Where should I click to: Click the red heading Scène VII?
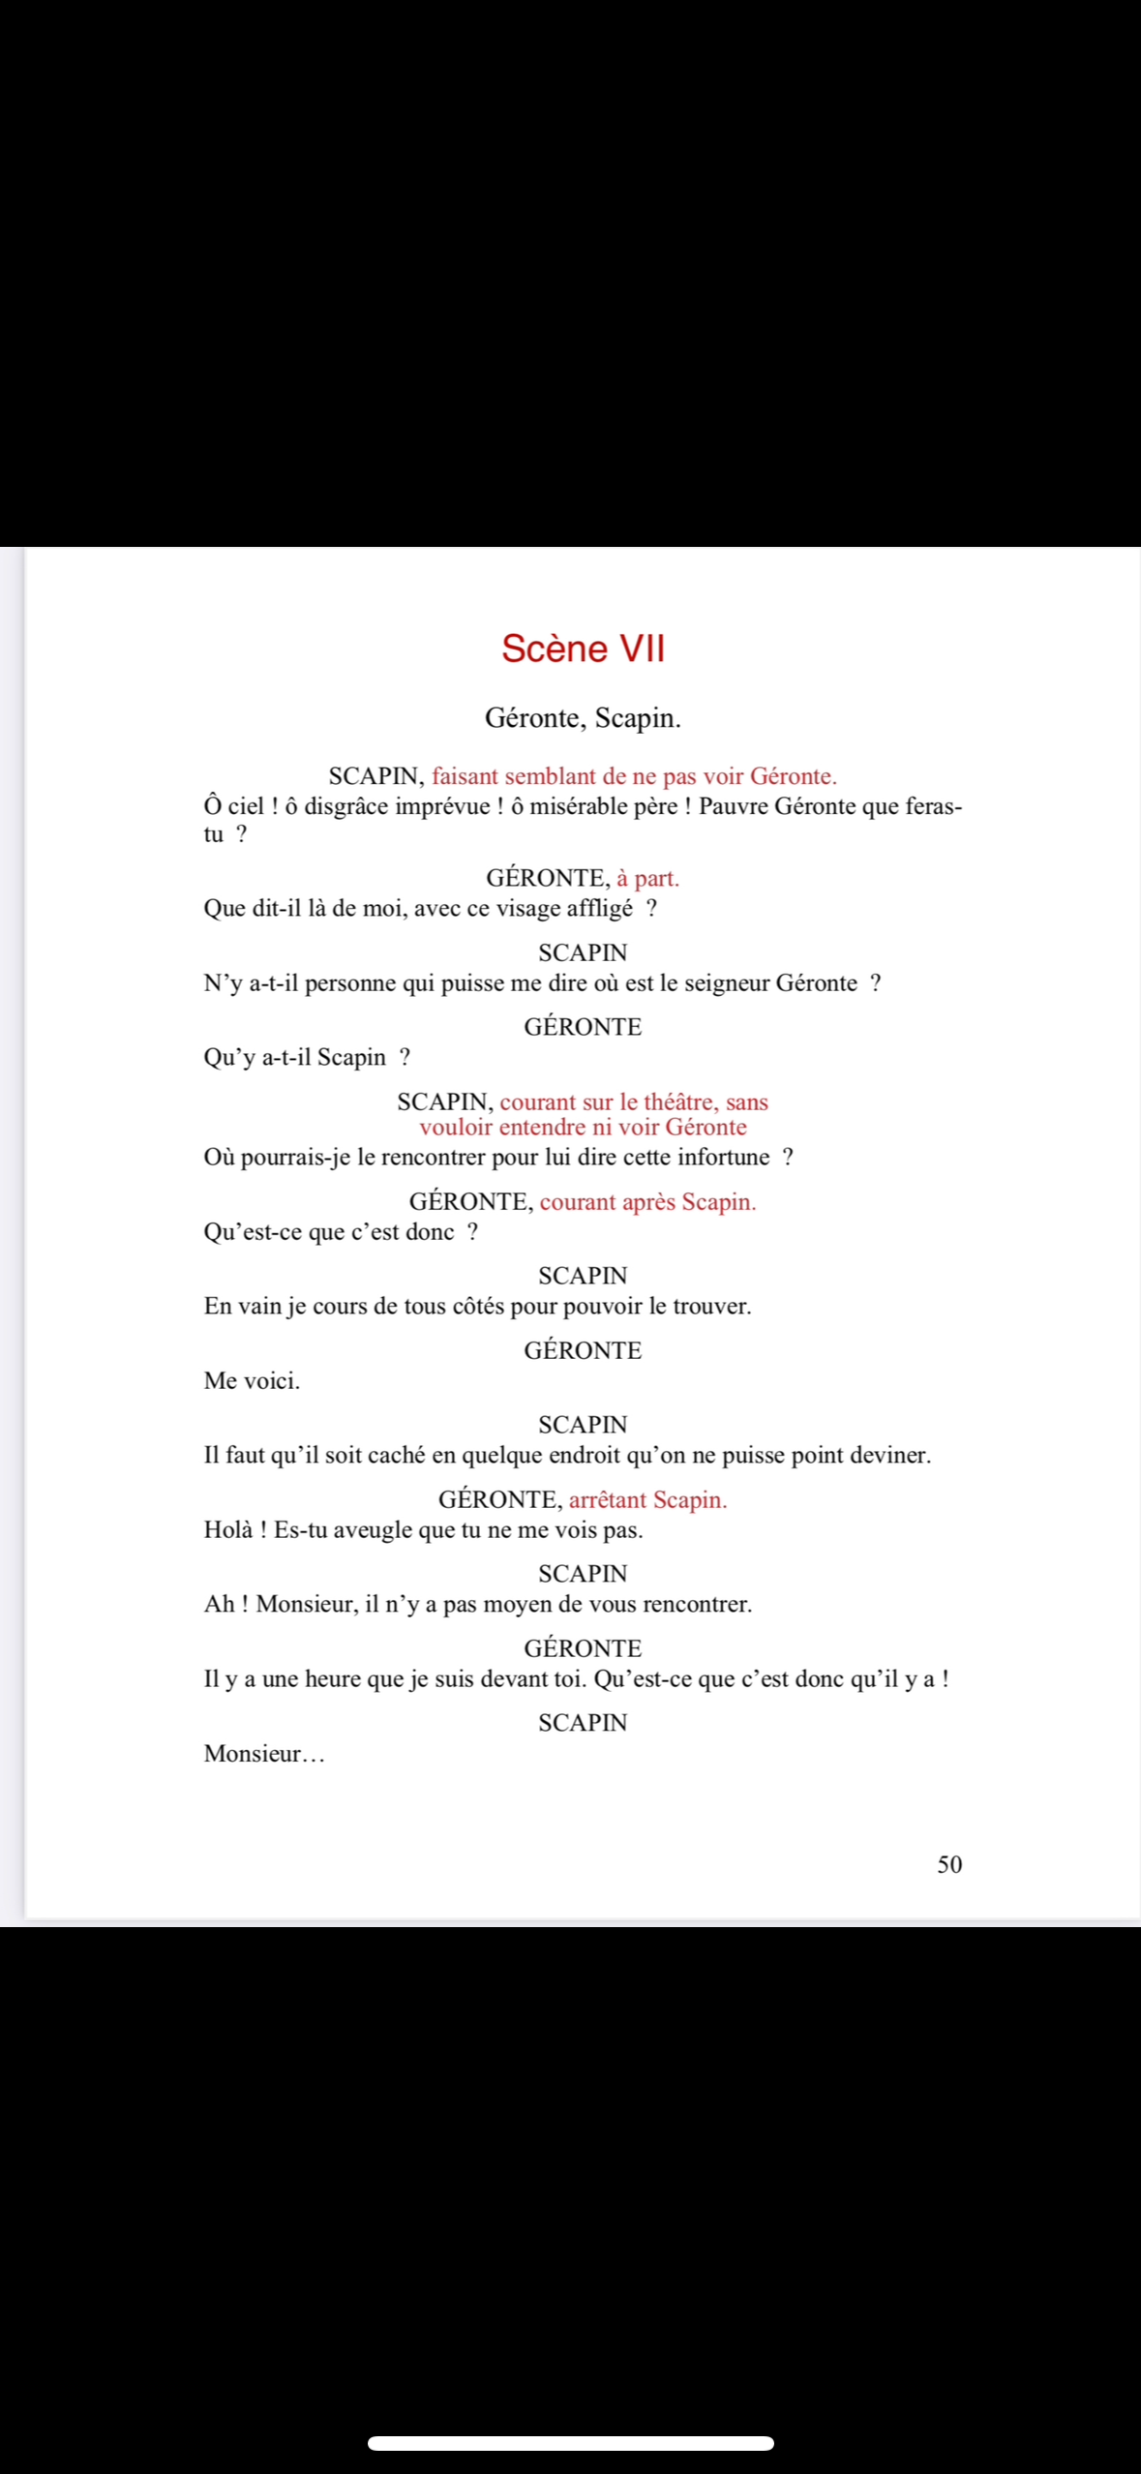coord(583,649)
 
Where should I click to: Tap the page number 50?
coord(949,1864)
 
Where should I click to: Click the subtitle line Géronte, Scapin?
coord(583,718)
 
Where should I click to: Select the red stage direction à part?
coord(647,878)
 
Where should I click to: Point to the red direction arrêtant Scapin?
coord(647,1499)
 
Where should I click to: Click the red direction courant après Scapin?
coord(647,1201)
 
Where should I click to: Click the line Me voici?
coord(252,1380)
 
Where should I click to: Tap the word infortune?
coord(723,1157)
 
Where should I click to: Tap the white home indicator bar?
coord(570,2443)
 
